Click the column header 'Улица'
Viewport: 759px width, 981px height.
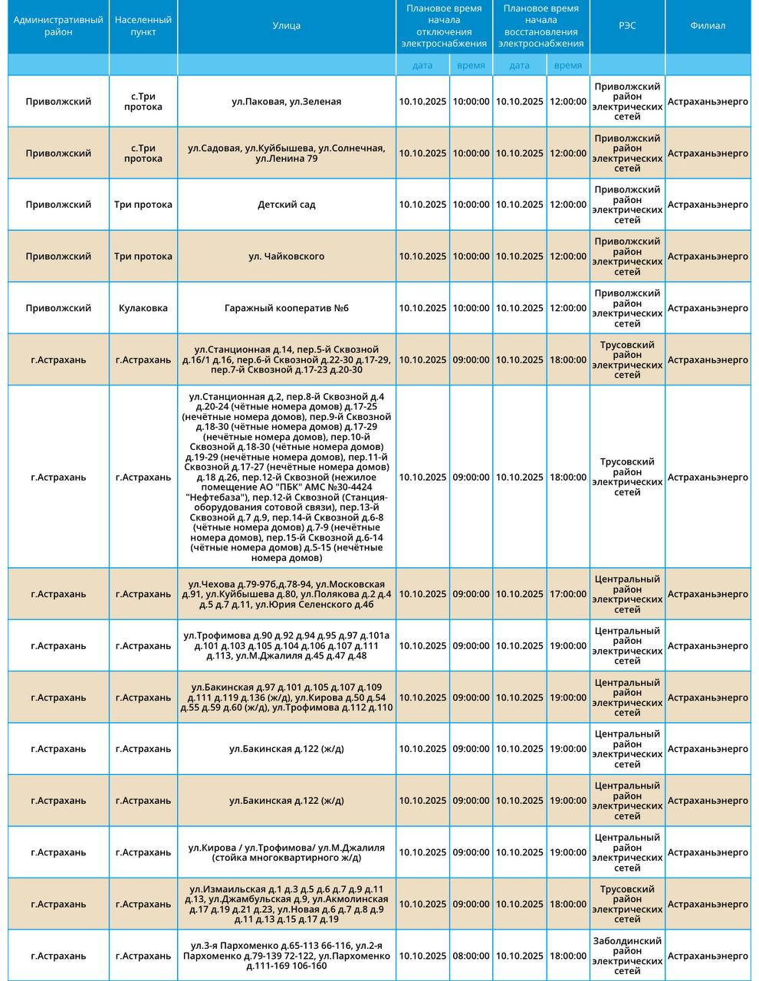(x=286, y=26)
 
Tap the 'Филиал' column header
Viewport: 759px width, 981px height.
(x=707, y=26)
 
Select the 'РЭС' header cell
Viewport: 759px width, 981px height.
(x=627, y=26)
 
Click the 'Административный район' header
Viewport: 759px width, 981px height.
(x=58, y=26)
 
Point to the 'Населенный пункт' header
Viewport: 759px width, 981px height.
(x=143, y=26)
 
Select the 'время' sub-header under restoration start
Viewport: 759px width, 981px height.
(x=567, y=65)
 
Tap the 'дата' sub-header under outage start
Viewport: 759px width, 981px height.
(x=422, y=65)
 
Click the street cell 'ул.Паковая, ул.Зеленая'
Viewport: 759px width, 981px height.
(x=286, y=102)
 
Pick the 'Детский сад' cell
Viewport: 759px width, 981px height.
(x=286, y=205)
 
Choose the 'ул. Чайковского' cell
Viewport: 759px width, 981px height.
(x=286, y=257)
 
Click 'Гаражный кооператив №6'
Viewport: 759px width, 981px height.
(x=286, y=308)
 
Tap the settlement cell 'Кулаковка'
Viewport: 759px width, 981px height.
(x=143, y=308)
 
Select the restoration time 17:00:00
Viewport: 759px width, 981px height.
(x=567, y=594)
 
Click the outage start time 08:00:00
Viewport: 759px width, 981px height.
(x=471, y=956)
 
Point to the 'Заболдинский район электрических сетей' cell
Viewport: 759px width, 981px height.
(x=627, y=956)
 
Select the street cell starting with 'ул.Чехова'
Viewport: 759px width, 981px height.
(x=286, y=594)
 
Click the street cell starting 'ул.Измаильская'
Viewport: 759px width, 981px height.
(x=286, y=904)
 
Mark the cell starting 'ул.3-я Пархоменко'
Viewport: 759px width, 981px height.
(x=286, y=956)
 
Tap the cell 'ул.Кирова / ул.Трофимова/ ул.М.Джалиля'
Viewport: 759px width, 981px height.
(x=286, y=853)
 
